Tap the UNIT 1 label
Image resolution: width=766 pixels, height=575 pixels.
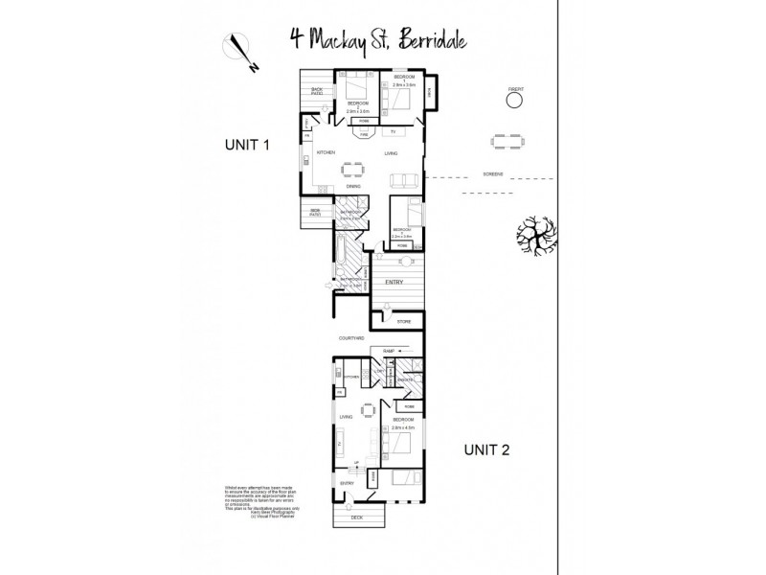click(x=248, y=145)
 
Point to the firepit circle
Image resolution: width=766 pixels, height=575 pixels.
click(x=517, y=98)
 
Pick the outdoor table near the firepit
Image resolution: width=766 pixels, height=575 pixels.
click(x=507, y=141)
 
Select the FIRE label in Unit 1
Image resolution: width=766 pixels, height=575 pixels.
click(x=364, y=134)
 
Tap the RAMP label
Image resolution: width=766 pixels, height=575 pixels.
click(x=390, y=352)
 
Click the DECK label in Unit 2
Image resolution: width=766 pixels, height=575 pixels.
click(x=356, y=518)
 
